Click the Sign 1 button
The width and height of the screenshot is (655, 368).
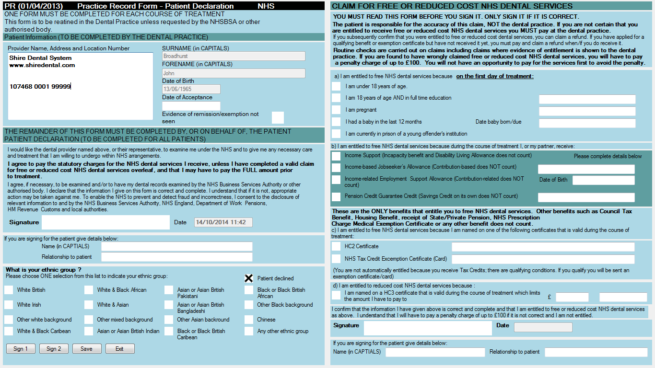tap(21, 349)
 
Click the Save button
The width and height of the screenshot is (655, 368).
tap(87, 349)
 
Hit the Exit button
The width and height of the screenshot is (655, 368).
tap(120, 349)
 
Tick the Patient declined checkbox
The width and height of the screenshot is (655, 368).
tap(249, 278)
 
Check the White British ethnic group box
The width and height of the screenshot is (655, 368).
tap(9, 290)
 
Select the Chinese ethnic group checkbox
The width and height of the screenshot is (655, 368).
tap(249, 320)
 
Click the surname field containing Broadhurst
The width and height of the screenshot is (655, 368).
tap(234, 56)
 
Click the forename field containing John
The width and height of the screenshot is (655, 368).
tap(234, 73)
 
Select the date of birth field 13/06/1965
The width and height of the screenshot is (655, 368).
tap(191, 89)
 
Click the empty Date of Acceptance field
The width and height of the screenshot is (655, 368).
tap(191, 106)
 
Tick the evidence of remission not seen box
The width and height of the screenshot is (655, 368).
tap(278, 118)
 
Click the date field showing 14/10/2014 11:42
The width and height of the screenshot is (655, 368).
tap(223, 222)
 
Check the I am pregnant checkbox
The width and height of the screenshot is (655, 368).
tap(337, 110)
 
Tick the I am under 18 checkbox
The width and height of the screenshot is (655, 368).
tap(337, 86)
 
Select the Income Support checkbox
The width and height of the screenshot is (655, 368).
tap(337, 156)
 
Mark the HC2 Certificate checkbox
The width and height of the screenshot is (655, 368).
tap(337, 247)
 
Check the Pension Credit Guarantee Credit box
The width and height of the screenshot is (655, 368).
tap(337, 196)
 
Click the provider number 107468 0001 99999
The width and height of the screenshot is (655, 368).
tap(40, 87)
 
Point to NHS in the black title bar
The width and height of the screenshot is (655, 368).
tap(266, 6)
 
